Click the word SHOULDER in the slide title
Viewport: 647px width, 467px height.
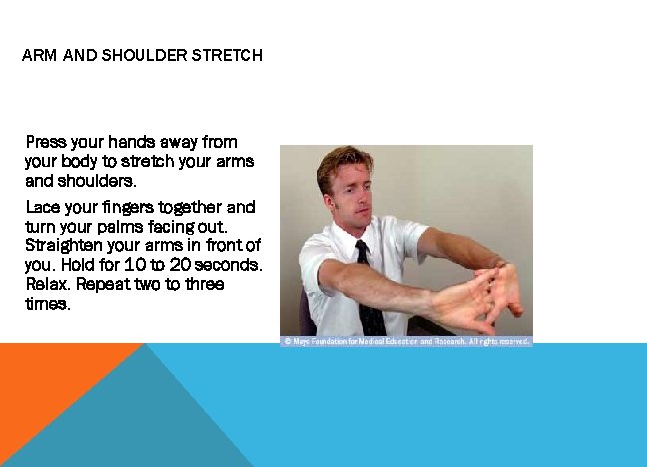tap(139, 56)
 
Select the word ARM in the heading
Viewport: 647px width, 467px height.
tap(40, 56)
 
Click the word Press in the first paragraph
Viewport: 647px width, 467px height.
tap(44, 142)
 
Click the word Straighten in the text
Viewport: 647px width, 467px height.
tap(62, 246)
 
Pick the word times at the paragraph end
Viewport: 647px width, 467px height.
tap(48, 305)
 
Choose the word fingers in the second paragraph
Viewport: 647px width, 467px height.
tap(107, 208)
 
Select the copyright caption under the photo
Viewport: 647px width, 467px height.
tap(405, 341)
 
